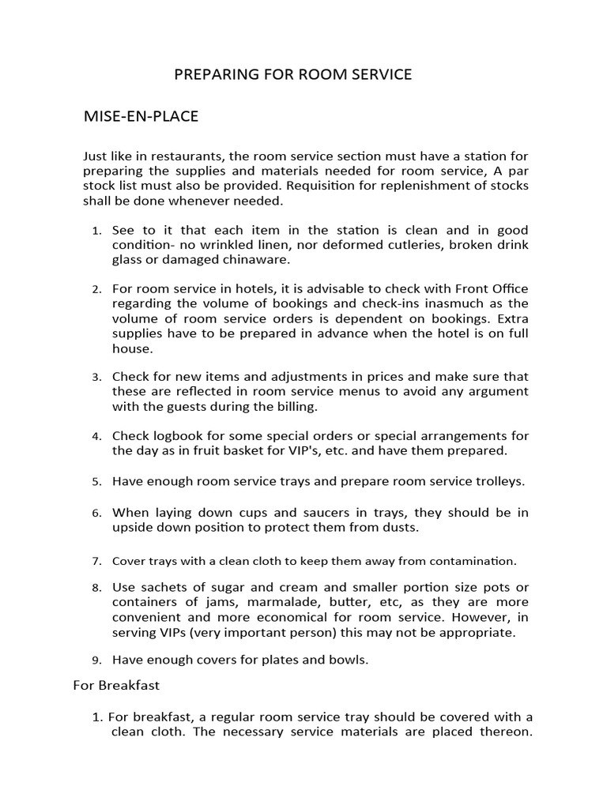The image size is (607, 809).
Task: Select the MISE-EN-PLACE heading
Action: (x=141, y=117)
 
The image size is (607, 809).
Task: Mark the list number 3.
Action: (x=96, y=378)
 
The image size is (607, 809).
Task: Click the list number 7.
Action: (x=96, y=562)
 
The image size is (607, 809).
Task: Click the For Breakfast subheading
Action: (x=116, y=685)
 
